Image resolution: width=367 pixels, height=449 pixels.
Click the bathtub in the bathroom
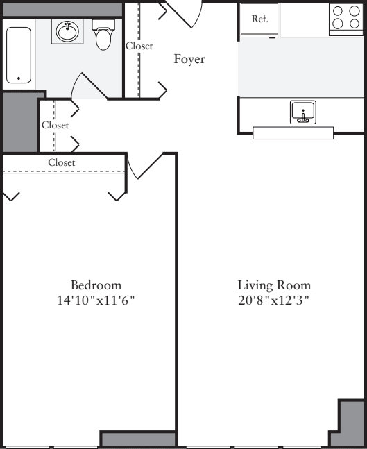click(19, 56)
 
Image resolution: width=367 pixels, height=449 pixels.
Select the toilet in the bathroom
click(103, 37)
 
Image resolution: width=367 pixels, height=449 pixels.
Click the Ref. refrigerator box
click(259, 19)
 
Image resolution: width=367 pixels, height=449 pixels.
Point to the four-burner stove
click(345, 18)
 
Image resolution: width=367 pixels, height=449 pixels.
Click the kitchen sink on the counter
click(303, 112)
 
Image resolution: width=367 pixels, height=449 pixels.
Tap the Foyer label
click(189, 60)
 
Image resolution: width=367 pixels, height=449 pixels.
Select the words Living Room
click(274, 285)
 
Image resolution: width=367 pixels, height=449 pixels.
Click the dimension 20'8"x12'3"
click(274, 301)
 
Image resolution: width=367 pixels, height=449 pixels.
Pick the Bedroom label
click(96, 285)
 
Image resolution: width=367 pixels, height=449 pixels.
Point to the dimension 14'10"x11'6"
click(96, 301)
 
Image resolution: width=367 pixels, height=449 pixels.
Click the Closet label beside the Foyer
click(139, 46)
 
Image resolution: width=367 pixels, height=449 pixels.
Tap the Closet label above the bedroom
click(62, 162)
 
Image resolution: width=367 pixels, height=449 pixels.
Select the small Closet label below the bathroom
click(55, 126)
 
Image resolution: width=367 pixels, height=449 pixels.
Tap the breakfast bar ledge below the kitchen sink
click(293, 133)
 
